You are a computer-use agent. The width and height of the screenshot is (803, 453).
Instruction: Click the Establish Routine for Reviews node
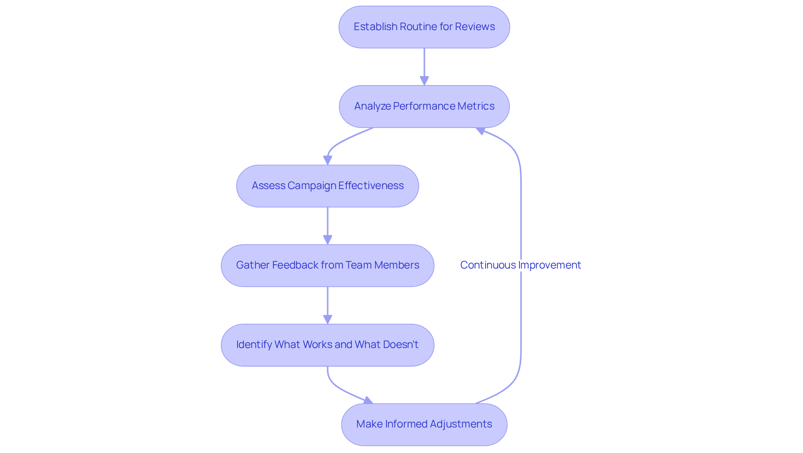pos(424,27)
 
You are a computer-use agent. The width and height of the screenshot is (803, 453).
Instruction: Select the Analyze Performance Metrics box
pos(424,106)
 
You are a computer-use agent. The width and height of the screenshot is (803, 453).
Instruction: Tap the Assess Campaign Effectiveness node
pos(327,186)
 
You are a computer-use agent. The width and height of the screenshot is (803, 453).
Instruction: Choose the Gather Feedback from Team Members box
pos(327,265)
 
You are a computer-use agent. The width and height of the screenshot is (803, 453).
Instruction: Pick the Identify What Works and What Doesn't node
pos(327,345)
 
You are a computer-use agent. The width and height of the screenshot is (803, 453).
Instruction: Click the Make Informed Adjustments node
pos(424,424)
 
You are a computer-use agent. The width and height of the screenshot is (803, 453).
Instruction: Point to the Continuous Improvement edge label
pos(520,265)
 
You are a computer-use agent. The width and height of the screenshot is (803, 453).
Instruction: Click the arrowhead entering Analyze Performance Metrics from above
pos(424,81)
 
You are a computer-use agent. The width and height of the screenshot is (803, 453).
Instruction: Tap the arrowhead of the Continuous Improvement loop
pos(481,131)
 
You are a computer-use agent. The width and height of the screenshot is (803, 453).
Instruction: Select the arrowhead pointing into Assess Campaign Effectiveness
pos(327,160)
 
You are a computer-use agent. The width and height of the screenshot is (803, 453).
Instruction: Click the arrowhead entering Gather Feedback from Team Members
pos(327,240)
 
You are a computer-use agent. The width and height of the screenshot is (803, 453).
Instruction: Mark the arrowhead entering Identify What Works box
pos(327,319)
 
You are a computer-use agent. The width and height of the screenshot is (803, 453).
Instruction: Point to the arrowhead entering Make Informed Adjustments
pos(368,401)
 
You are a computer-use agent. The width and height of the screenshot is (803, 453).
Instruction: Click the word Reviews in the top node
pos(475,27)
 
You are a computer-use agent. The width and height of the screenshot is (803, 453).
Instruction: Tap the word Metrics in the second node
pos(476,106)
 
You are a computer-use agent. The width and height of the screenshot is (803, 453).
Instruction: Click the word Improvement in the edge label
pos(550,265)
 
